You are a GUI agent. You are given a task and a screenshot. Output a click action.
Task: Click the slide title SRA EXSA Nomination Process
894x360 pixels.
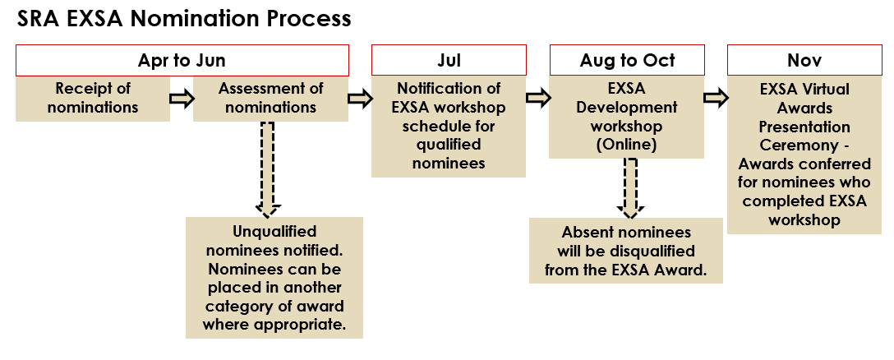point(183,19)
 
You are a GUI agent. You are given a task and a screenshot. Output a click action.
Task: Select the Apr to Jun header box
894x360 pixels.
point(182,61)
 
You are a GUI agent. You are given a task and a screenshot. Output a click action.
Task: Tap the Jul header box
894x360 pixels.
point(449,61)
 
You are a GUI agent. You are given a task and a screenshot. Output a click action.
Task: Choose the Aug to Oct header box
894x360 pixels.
point(627,61)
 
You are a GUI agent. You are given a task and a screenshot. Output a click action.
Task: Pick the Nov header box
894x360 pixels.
point(804,61)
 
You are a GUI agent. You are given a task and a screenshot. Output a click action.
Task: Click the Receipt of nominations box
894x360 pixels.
point(93,99)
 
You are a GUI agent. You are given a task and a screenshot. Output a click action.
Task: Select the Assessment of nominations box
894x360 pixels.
point(271,99)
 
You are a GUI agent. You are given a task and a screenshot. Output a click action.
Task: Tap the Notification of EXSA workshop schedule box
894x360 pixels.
point(449,127)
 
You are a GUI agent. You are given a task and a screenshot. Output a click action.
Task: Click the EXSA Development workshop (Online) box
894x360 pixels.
point(627,117)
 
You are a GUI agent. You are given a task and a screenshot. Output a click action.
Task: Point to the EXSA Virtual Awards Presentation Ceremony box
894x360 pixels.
point(804,155)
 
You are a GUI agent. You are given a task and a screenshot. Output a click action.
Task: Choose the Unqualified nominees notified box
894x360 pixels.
point(274,278)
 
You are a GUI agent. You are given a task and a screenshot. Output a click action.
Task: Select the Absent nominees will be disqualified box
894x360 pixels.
point(626,251)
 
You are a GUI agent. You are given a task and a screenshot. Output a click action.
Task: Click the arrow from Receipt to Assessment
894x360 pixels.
point(182,98)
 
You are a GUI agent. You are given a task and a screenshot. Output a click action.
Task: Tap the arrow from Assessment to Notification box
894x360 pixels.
point(360,98)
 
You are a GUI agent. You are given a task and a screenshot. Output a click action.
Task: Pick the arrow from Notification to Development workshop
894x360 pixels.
point(537,98)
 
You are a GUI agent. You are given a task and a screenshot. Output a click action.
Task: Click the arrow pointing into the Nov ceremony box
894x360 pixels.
point(716,98)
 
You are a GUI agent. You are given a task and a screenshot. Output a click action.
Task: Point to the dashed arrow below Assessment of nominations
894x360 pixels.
point(268,168)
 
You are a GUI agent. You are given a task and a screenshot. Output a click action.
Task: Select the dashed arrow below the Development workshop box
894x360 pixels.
point(630,188)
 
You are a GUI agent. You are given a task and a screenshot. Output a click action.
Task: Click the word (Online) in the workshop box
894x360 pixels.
point(627,145)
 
